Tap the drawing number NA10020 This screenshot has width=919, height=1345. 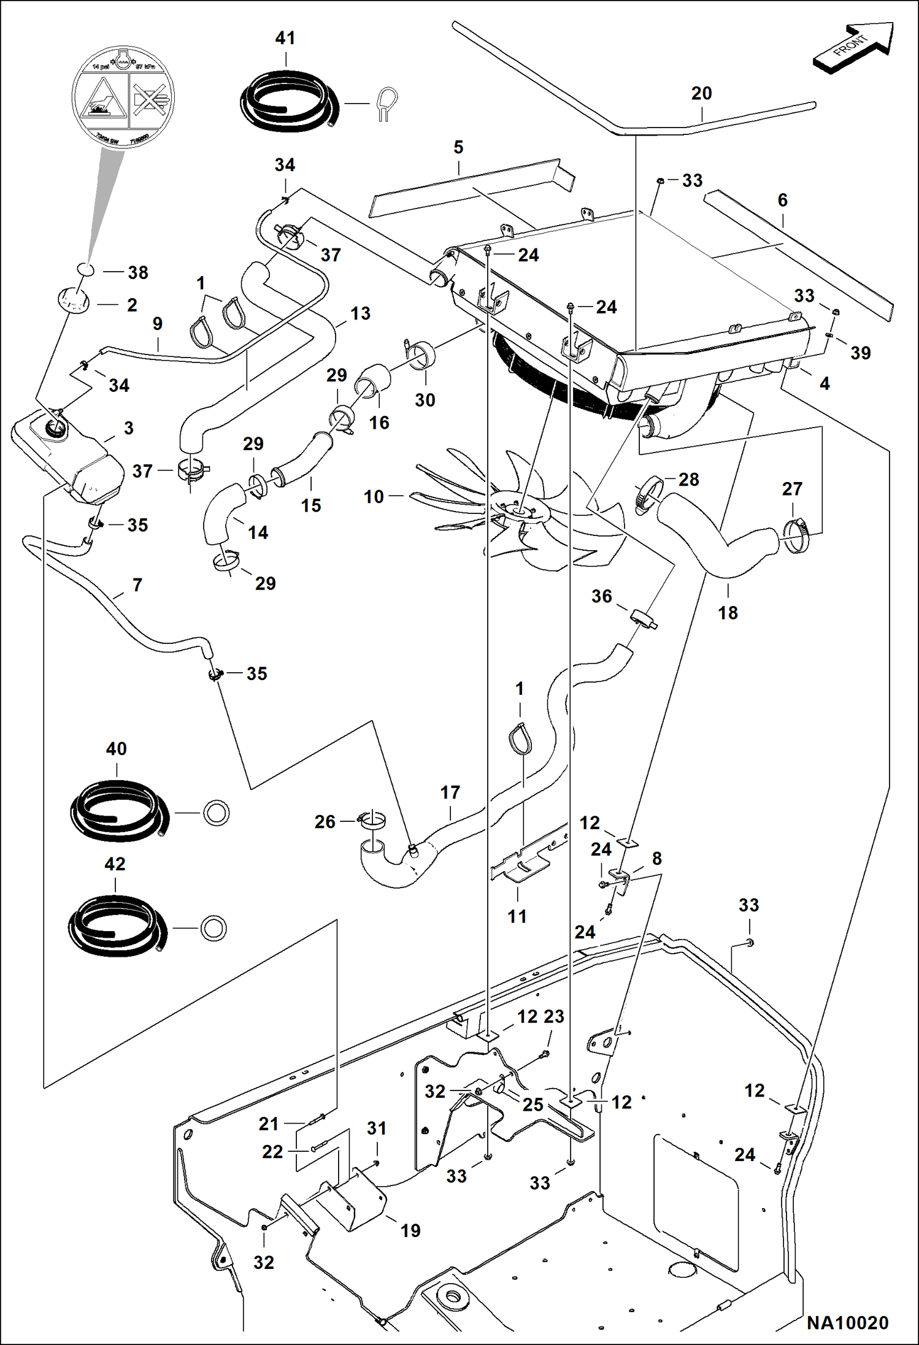point(847,1324)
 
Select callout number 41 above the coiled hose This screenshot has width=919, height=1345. point(285,38)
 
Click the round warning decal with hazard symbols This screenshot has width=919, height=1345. point(123,98)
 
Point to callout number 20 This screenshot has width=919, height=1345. point(701,93)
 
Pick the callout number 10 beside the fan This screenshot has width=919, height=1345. point(374,496)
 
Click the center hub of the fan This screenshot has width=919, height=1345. point(517,505)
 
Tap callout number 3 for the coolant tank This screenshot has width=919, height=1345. point(128,427)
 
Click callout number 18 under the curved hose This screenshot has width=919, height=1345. point(728,612)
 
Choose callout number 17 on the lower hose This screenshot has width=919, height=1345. point(450,792)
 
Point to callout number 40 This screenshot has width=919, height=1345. point(116,748)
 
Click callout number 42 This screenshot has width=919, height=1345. point(115,864)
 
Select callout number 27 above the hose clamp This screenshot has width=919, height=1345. point(792,489)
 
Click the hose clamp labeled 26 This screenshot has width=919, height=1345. point(372,820)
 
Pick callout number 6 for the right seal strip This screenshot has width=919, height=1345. point(782,200)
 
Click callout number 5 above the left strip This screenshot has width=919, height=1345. point(458,147)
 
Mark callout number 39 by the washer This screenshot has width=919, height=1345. point(860,353)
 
